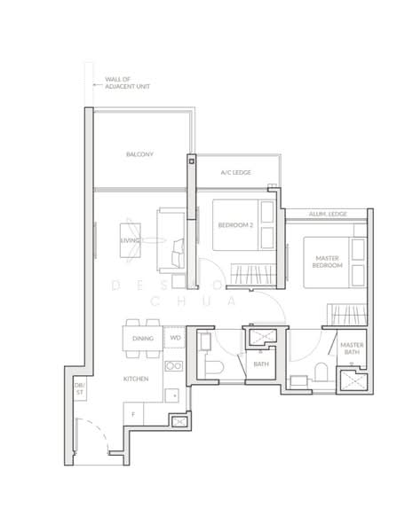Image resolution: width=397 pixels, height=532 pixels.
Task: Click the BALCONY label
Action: click(139, 154)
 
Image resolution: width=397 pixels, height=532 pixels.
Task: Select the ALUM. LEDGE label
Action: click(327, 214)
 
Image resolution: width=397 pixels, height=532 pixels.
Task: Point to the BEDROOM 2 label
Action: click(235, 225)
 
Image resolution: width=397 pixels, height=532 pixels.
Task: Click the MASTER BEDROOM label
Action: click(327, 262)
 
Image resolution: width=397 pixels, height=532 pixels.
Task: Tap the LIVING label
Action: click(131, 240)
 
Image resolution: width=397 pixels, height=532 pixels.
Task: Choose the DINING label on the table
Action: click(142, 339)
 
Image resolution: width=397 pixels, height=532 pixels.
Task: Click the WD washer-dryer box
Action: click(175, 338)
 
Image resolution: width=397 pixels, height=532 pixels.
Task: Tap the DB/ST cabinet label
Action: click(79, 388)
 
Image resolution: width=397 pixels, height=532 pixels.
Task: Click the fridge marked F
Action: click(133, 414)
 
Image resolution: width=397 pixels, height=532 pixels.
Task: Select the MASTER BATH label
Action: click(352, 349)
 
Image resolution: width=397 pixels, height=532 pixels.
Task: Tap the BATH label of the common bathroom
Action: click(260, 364)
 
